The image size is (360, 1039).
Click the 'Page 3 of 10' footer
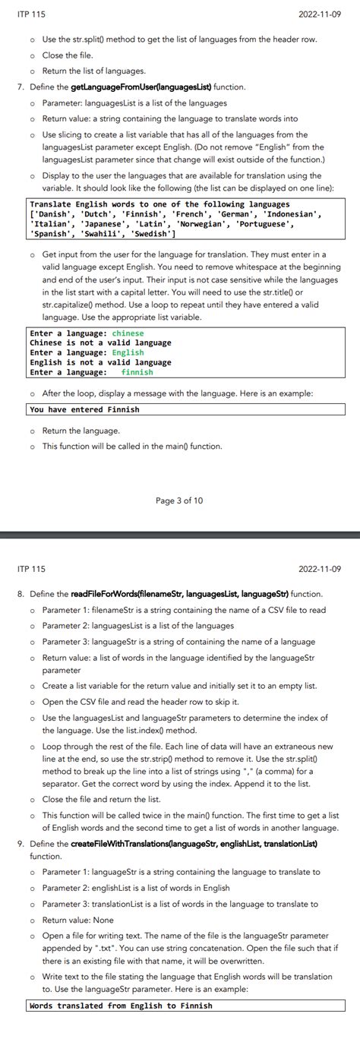click(x=179, y=501)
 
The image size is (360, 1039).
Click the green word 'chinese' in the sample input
click(x=128, y=333)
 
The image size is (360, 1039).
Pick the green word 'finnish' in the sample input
click(x=137, y=372)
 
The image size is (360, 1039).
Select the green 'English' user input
click(x=128, y=352)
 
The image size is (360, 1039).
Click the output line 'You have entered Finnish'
click(x=84, y=409)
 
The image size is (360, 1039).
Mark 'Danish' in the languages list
click(x=53, y=214)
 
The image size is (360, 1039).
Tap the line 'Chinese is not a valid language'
click(x=100, y=343)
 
